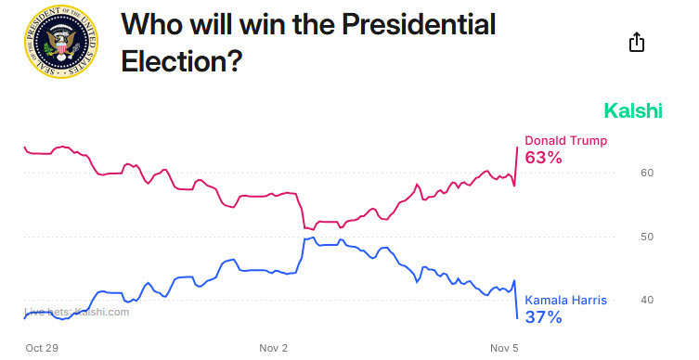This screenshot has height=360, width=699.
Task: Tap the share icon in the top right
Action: (637, 42)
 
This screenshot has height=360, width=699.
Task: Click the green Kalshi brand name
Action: (633, 111)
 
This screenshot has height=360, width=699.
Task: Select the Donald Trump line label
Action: (566, 141)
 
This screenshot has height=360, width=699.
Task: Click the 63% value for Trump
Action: (544, 158)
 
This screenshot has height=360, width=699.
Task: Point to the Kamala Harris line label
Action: (567, 301)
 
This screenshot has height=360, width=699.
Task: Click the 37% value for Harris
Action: (544, 317)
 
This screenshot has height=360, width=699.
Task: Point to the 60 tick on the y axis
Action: (649, 173)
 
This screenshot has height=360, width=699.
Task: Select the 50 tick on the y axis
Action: (649, 237)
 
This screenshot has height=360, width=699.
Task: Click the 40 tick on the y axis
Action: (649, 300)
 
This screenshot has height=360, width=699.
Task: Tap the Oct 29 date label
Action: (42, 348)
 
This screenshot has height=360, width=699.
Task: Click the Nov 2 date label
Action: (274, 348)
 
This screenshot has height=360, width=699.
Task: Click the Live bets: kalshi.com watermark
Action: (77, 312)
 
